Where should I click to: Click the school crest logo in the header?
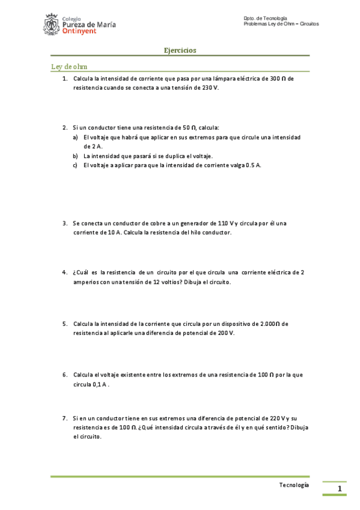pyautogui.click(x=52, y=25)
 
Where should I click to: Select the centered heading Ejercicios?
pyautogui.click(x=180, y=51)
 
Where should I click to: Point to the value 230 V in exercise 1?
pyautogui.click(x=210, y=87)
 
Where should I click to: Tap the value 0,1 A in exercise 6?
pyautogui.click(x=99, y=384)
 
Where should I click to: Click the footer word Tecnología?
pyautogui.click(x=294, y=484)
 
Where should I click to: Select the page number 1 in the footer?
pyautogui.click(x=340, y=488)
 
